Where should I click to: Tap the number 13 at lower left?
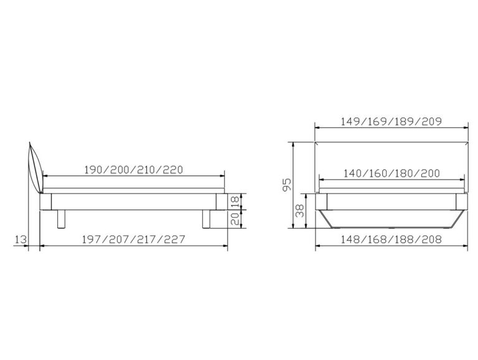[x=21, y=239]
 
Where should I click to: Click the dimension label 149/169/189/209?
[x=391, y=121]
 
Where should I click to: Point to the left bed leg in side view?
[x=60, y=220]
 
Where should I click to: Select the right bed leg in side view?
[x=207, y=220]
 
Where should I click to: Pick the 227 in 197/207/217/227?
[x=174, y=240]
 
